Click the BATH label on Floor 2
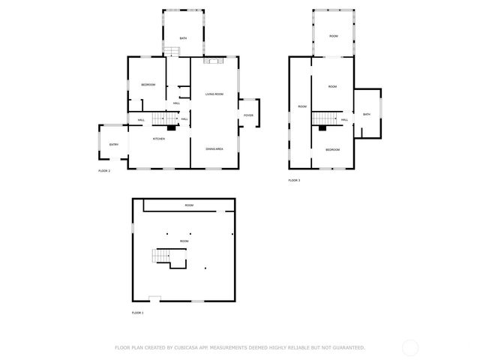click(x=182, y=38)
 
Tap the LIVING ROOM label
click(x=214, y=94)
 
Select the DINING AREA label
click(x=214, y=148)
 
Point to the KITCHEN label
click(x=159, y=139)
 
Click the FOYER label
click(x=247, y=115)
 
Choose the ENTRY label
click(x=114, y=145)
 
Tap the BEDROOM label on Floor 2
click(x=148, y=85)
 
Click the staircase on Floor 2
click(x=163, y=118)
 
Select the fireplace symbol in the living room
click(x=214, y=61)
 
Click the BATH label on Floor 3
click(x=367, y=114)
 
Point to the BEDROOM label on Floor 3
click(x=332, y=150)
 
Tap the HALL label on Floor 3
click(x=344, y=119)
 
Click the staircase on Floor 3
click(x=324, y=118)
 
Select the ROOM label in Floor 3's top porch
click(x=333, y=36)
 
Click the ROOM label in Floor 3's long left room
click(x=302, y=106)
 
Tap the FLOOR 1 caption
click(x=137, y=313)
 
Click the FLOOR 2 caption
click(x=104, y=171)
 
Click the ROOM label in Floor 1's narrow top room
click(x=189, y=205)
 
